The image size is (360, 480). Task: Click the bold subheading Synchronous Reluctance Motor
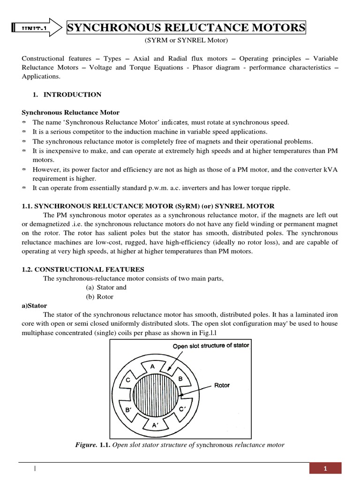(x=71, y=112)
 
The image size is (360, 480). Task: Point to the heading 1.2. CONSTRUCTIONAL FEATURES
(x=83, y=270)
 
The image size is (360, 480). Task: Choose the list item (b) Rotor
(x=99, y=297)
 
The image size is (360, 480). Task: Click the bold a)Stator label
(x=34, y=305)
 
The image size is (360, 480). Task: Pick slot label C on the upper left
(x=127, y=380)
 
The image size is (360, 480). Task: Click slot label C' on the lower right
(x=182, y=409)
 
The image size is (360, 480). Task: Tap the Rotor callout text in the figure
(x=222, y=385)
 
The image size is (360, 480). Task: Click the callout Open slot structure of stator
(x=210, y=345)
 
